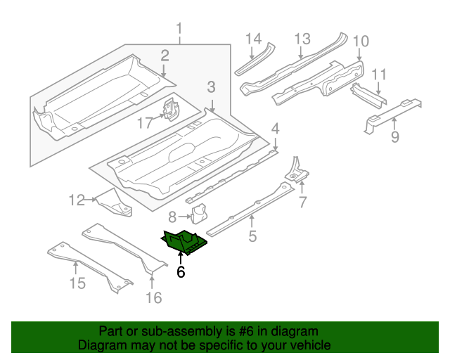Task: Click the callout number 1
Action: [179, 30]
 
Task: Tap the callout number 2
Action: [165, 56]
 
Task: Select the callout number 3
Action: [211, 87]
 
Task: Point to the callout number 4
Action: [276, 128]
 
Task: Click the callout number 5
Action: [252, 236]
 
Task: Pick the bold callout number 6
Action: [181, 271]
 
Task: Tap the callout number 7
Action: [302, 203]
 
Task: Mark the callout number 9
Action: [394, 137]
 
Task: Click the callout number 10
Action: [360, 41]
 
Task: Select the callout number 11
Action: [379, 75]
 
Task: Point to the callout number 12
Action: [76, 200]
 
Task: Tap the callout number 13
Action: [302, 38]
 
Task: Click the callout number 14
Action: [253, 38]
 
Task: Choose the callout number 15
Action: [77, 283]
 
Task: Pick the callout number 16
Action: [153, 297]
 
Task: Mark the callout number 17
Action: [145, 123]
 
